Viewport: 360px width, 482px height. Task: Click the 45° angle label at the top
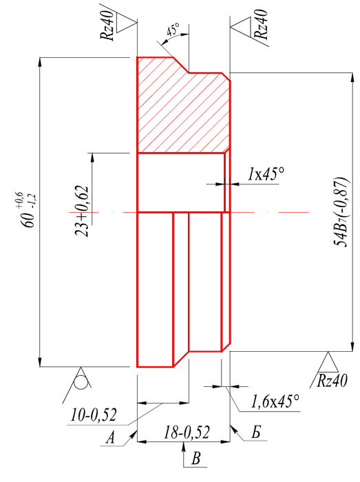coord(173,30)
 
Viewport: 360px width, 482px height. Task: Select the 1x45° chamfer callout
coord(266,174)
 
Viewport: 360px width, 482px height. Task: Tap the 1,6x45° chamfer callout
coord(275,401)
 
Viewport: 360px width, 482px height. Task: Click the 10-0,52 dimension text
coord(94,415)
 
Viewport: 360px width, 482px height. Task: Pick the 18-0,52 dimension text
coord(187,432)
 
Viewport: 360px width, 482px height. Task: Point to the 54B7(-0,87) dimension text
coord(342,212)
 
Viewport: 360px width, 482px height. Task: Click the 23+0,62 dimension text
coord(82,211)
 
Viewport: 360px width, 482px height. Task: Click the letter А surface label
coord(110,438)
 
